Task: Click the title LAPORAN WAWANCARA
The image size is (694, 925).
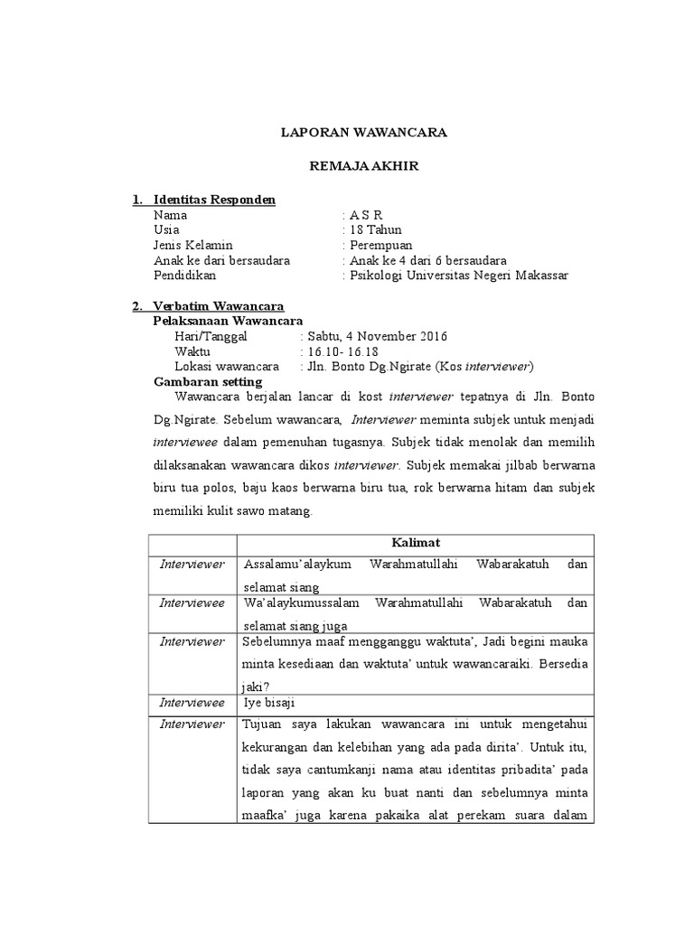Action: pos(363,133)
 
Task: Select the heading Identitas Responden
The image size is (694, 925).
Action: pos(214,200)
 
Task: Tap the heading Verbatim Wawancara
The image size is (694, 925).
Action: pos(219,306)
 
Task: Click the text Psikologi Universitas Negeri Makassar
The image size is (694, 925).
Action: pos(460,276)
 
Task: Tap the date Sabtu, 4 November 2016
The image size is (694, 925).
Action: pos(376,336)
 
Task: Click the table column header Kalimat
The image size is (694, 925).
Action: pos(415,542)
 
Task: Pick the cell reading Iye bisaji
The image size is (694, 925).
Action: pos(269,701)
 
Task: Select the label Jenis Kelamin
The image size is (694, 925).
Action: pos(193,245)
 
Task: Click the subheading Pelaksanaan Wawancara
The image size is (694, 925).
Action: pos(228,321)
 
